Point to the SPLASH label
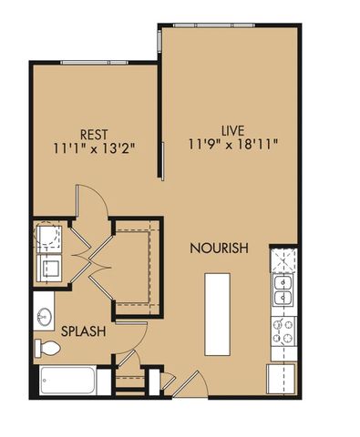point(83,331)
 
